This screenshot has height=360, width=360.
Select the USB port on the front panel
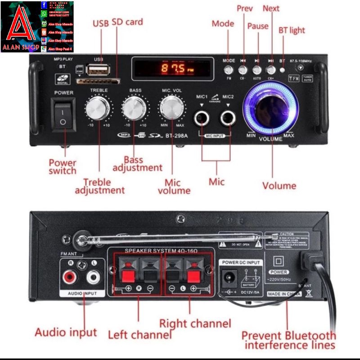click(x=98, y=69)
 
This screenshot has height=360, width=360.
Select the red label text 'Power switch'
click(x=63, y=166)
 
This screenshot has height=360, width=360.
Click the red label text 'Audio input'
click(x=66, y=333)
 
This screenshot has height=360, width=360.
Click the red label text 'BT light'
click(x=292, y=30)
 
